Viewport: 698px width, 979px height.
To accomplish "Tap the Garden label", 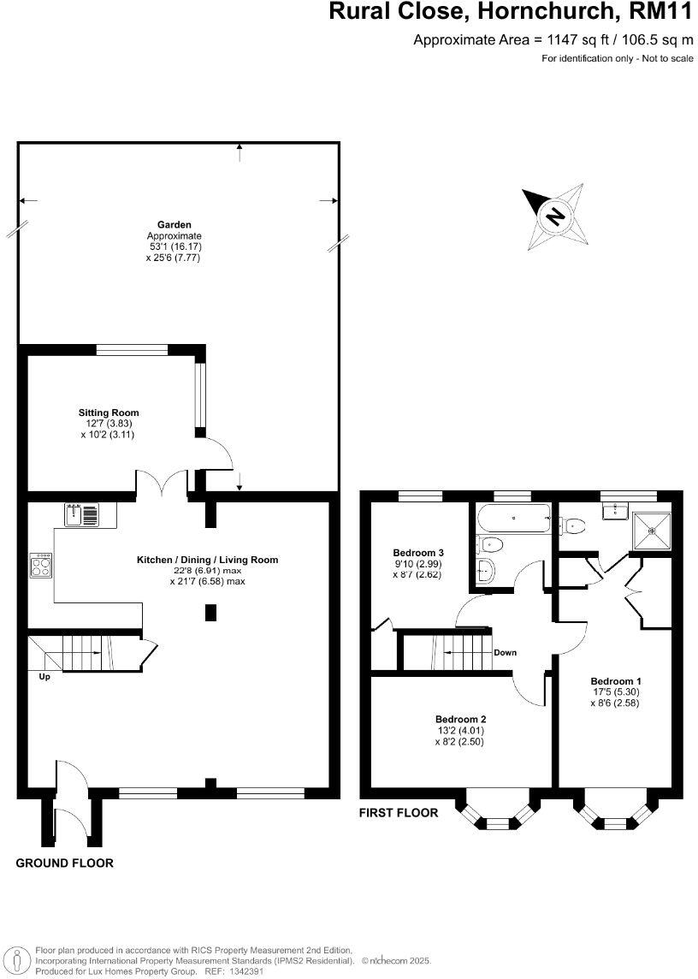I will [x=174, y=225].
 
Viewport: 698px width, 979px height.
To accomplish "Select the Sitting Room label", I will [x=109, y=412].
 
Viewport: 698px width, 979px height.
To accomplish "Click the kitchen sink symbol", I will [x=81, y=515].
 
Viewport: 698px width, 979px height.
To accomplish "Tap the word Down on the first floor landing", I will [x=505, y=652].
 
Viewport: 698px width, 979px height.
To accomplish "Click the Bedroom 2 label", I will [x=460, y=719].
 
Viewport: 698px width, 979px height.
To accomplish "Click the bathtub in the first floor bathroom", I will [x=512, y=519].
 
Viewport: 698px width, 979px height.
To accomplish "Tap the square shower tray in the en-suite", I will [x=652, y=530].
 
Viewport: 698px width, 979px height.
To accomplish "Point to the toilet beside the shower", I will [x=575, y=525].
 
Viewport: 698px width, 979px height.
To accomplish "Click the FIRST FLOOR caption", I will [x=399, y=813].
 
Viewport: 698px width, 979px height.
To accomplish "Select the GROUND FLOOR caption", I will [x=65, y=863].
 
